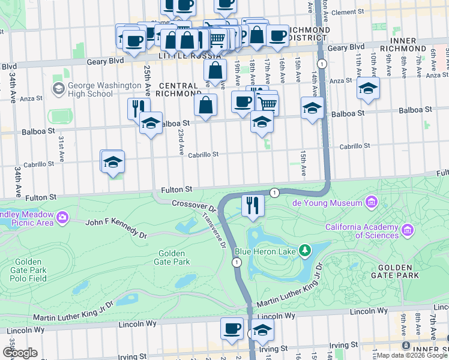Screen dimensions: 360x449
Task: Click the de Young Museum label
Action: (x=327, y=203)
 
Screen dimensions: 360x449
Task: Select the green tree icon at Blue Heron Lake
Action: (x=306, y=249)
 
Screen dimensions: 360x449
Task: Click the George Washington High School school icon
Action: (x=59, y=89)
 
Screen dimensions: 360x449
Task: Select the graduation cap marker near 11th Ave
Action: (x=368, y=88)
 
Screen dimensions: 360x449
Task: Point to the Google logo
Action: (x=20, y=353)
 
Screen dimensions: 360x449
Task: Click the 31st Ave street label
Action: (x=61, y=148)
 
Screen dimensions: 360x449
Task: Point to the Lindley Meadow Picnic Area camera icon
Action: (x=62, y=215)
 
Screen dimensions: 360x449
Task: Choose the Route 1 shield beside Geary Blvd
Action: (x=322, y=64)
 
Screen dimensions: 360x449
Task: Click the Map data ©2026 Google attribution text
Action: (x=412, y=355)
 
